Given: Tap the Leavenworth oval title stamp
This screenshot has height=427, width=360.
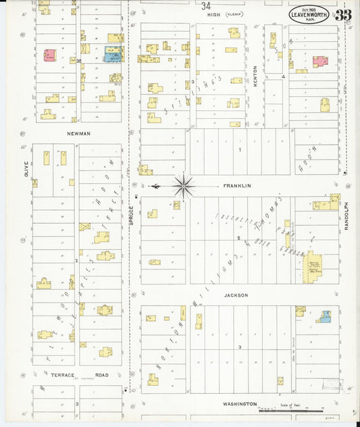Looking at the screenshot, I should tap(309, 14).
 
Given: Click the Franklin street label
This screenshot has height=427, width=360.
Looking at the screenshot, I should tap(237, 185).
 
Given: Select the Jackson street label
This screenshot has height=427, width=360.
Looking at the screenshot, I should tap(236, 295).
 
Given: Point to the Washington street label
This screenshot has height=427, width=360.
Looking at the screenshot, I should tap(240, 403).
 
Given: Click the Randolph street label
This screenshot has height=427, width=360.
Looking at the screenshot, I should tap(345, 216).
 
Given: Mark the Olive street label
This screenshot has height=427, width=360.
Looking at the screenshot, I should tap(27, 168).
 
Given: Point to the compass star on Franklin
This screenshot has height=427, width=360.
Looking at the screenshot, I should tap(184, 185).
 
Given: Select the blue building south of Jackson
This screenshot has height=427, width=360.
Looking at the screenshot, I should tap(326, 316).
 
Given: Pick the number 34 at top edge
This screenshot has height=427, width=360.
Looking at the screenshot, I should tap(205, 5).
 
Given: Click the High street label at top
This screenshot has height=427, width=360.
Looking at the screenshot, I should tap(215, 14).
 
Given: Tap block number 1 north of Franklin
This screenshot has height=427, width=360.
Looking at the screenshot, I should tap(238, 149).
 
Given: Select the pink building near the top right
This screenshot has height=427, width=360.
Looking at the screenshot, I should tap(319, 61).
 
